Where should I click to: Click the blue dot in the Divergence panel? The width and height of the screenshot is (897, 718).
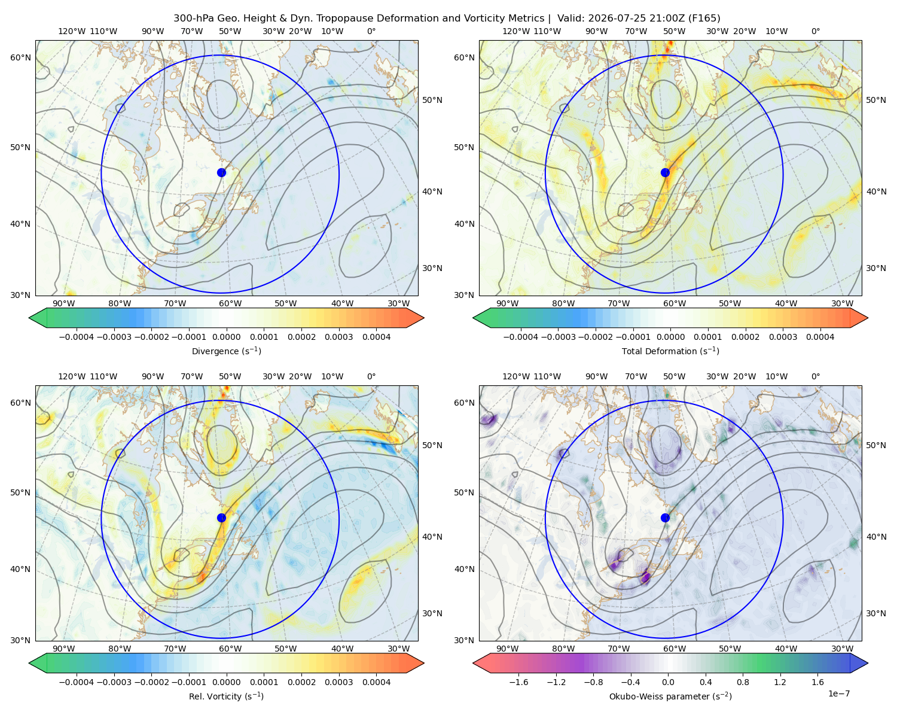tap(221, 172)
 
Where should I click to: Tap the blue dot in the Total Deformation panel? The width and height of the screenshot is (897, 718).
tap(665, 172)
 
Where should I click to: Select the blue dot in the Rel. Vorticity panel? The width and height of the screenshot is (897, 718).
tap(221, 518)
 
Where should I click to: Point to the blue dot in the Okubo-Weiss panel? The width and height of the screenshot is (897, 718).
tap(665, 518)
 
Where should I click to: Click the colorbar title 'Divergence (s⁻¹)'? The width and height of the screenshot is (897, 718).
tap(226, 351)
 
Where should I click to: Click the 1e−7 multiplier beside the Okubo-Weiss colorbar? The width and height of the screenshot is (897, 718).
tap(838, 693)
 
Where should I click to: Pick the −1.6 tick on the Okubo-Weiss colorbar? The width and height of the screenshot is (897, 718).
tap(518, 682)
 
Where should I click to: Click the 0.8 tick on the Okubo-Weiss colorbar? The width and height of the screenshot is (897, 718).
tap(743, 682)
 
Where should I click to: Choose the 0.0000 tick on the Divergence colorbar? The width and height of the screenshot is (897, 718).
tap(226, 337)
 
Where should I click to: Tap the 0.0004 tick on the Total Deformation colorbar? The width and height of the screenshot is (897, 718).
tap(820, 337)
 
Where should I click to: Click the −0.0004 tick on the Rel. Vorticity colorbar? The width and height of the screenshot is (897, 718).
tap(77, 682)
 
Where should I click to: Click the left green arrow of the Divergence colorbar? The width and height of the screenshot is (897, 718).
tap(38, 318)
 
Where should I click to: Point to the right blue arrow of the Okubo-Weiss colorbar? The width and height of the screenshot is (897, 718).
tap(859, 663)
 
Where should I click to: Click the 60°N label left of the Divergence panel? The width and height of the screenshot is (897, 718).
tap(20, 57)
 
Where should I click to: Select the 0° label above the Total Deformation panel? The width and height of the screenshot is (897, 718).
tap(815, 31)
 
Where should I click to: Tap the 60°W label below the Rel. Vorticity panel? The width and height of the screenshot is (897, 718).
tap(230, 649)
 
